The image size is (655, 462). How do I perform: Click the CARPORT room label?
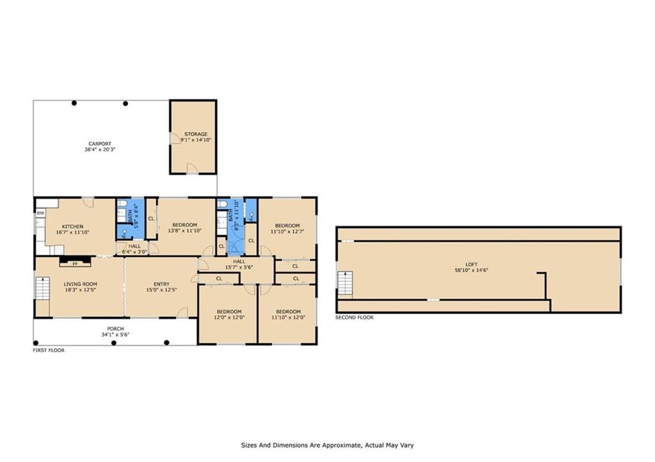[100, 144]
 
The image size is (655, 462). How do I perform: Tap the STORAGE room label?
[196, 134]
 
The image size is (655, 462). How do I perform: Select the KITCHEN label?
[73, 227]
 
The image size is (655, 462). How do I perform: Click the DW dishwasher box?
[40, 213]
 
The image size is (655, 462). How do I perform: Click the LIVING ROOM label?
[80, 284]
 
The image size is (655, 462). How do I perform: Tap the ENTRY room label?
[162, 284]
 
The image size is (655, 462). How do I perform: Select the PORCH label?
[115, 329]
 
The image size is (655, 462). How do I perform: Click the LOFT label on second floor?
[471, 264]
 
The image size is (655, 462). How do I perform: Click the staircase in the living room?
[43, 288]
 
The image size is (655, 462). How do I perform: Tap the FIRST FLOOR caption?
[49, 351]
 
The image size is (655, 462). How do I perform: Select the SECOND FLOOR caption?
[354, 318]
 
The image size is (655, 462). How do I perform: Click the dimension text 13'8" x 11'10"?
[185, 231]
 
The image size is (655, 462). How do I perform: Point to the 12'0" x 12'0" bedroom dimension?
[229, 317]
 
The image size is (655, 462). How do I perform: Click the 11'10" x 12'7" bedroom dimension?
[287, 231]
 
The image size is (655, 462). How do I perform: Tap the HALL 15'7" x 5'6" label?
[239, 264]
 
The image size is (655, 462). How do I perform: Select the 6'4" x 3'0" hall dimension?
[134, 252]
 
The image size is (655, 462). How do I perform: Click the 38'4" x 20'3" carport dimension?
[100, 149]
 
